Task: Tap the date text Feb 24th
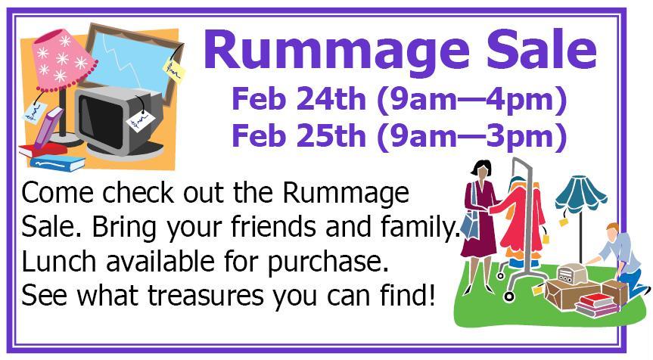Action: tap(299, 99)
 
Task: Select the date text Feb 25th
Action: tap(299, 135)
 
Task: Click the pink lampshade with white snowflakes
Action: tap(64, 61)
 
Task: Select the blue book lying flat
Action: tap(58, 163)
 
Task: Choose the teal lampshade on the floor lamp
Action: tap(580, 194)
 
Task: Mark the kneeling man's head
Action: tap(612, 232)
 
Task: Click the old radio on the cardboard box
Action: tap(571, 273)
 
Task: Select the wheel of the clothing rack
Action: tap(508, 296)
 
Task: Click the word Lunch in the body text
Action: tap(59, 262)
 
